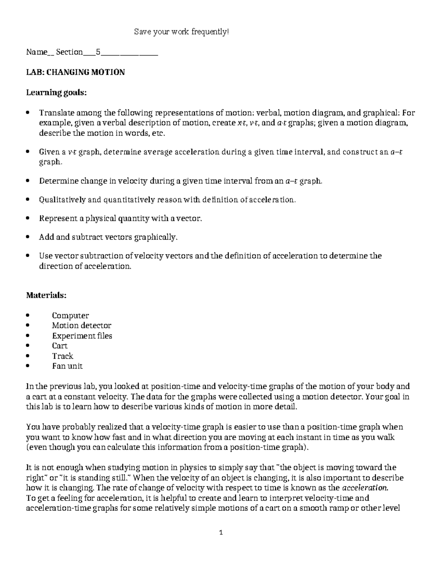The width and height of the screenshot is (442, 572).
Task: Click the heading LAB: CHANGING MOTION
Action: (x=75, y=72)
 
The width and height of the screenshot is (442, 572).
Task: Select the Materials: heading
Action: (x=46, y=295)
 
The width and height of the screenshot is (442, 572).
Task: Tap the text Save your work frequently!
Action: (x=181, y=32)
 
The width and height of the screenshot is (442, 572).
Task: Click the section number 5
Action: (x=98, y=52)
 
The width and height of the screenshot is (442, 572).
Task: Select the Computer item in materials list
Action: (x=70, y=316)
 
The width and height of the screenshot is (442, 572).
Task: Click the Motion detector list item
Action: (x=81, y=326)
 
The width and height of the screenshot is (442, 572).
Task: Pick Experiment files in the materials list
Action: (x=82, y=336)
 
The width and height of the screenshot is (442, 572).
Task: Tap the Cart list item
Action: (x=60, y=346)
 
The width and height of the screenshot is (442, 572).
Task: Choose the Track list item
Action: (x=63, y=356)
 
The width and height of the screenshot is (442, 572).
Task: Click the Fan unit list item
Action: (x=67, y=366)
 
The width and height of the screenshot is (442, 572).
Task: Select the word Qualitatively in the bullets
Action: (x=62, y=200)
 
